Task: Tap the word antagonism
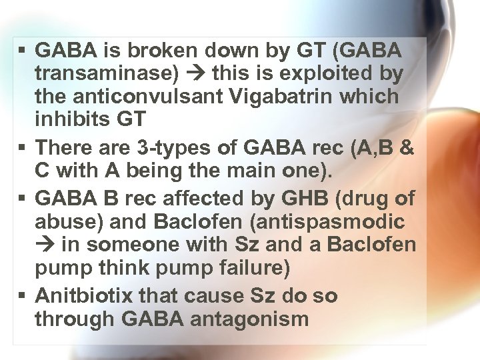pos(249,319)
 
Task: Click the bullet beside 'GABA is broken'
pos(23,49)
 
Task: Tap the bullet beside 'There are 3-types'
pos(23,145)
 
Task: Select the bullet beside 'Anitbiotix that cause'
pos(23,295)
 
